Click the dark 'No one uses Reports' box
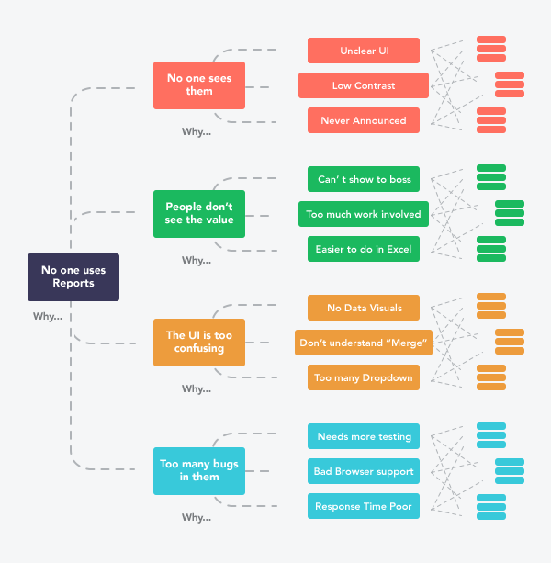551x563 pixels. pyautogui.click(x=73, y=276)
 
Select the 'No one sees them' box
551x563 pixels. pyautogui.click(x=199, y=85)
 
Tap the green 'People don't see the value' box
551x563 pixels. pyautogui.click(x=199, y=214)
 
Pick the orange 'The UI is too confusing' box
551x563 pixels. pyautogui.click(x=199, y=342)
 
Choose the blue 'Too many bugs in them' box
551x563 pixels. pyautogui.click(x=199, y=470)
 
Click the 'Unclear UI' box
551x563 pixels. pyautogui.click(x=364, y=51)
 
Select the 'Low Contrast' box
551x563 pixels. pyautogui.click(x=364, y=85)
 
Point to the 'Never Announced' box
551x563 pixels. pyautogui.click(x=364, y=120)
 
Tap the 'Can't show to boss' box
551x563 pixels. pyautogui.click(x=364, y=179)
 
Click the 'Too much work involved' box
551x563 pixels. pyautogui.click(x=364, y=214)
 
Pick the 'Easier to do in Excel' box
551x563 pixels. pyautogui.click(x=364, y=249)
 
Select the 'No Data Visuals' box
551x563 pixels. pyautogui.click(x=364, y=308)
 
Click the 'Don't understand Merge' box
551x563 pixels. pyautogui.click(x=364, y=343)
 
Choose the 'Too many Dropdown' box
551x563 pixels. pyautogui.click(x=364, y=377)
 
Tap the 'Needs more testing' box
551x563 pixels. pyautogui.click(x=364, y=436)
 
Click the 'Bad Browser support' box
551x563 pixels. pyautogui.click(x=364, y=471)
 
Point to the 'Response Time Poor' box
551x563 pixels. pyautogui.click(x=364, y=506)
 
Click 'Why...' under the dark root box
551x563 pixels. pyautogui.click(x=47, y=317)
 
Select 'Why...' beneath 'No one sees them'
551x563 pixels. pyautogui.click(x=196, y=131)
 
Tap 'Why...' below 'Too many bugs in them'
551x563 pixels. pyautogui.click(x=196, y=517)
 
